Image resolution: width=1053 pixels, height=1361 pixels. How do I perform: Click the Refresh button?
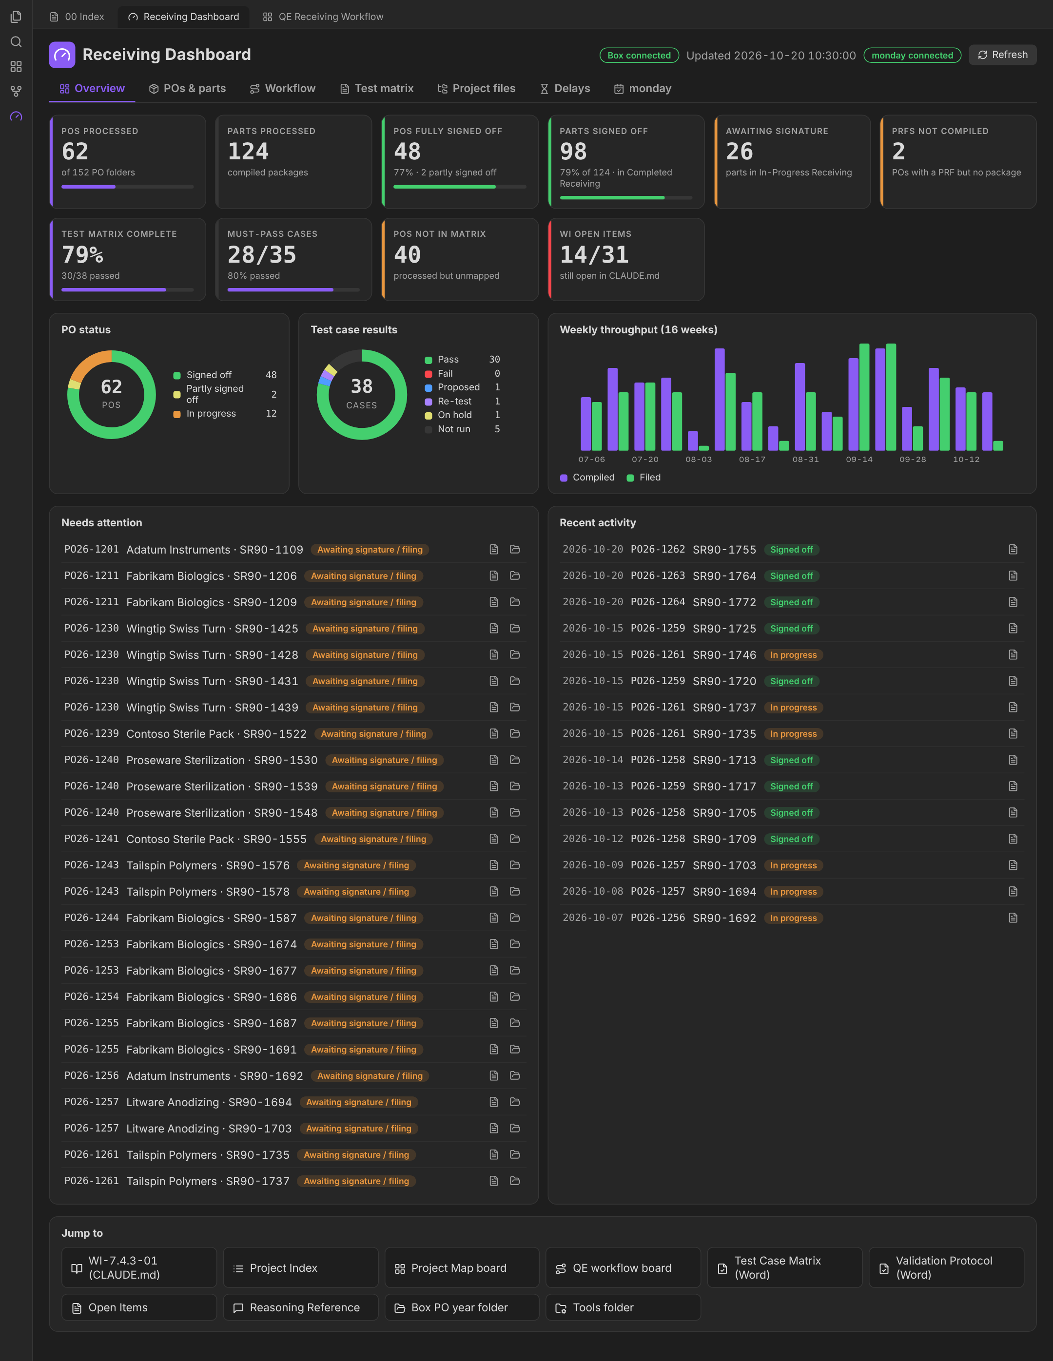tap(1002, 55)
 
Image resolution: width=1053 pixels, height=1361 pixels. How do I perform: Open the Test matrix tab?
tap(376, 89)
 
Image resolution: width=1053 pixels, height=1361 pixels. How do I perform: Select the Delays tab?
tap(565, 89)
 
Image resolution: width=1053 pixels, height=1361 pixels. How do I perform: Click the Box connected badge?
tap(639, 56)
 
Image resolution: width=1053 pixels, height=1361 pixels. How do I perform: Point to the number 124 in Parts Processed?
tap(248, 152)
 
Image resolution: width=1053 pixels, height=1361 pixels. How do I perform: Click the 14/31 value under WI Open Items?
tap(594, 254)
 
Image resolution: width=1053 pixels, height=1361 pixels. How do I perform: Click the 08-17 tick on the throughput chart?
tap(752, 460)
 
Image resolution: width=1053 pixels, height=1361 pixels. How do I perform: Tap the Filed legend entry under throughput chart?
tap(644, 478)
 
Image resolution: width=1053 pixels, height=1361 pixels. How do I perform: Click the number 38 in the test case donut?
tap(362, 386)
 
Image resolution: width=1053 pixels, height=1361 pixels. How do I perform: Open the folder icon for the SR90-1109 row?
tap(515, 550)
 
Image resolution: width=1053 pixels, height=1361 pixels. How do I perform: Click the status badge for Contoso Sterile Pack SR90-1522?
tap(373, 734)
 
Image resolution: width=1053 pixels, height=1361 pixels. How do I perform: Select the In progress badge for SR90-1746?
tap(793, 655)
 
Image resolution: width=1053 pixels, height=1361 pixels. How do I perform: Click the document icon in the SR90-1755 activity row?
tap(1013, 550)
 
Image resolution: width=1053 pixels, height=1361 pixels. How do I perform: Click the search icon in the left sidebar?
tap(16, 42)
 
